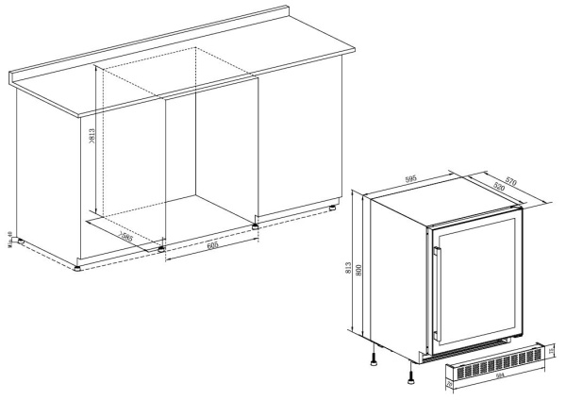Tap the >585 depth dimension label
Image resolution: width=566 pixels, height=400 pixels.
tap(125, 237)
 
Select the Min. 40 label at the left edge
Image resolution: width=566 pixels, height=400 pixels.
tap(8, 242)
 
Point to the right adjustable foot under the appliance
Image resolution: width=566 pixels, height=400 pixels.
tap(410, 377)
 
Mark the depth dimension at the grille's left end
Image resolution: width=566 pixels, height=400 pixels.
tap(448, 383)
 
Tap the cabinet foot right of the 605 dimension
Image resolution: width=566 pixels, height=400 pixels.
tap(257, 224)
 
